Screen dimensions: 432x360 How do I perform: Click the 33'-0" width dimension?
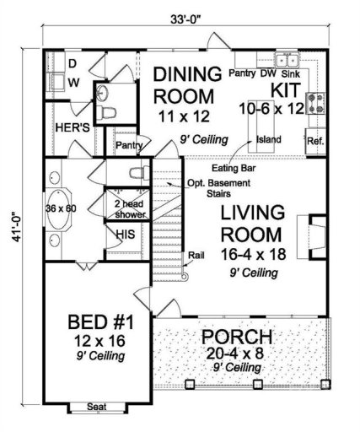coord(179,15)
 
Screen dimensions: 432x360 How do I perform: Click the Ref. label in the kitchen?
coord(315,141)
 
